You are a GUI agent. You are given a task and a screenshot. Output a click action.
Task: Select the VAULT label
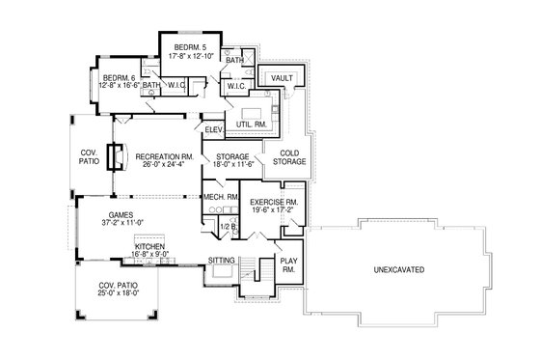283,77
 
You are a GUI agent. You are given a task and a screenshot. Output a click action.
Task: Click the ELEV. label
215,130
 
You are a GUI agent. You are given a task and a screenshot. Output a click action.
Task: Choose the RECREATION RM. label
165,156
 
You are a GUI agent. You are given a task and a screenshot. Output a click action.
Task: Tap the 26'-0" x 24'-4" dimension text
165,165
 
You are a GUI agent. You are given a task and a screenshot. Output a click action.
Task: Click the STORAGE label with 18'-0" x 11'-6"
232,156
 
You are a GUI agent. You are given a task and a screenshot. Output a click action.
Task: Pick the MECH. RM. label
221,197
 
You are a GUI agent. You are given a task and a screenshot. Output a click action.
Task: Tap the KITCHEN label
150,247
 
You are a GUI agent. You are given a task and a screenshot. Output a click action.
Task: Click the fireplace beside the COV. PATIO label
116,156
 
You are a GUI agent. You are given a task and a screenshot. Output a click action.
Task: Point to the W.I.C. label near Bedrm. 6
175,86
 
